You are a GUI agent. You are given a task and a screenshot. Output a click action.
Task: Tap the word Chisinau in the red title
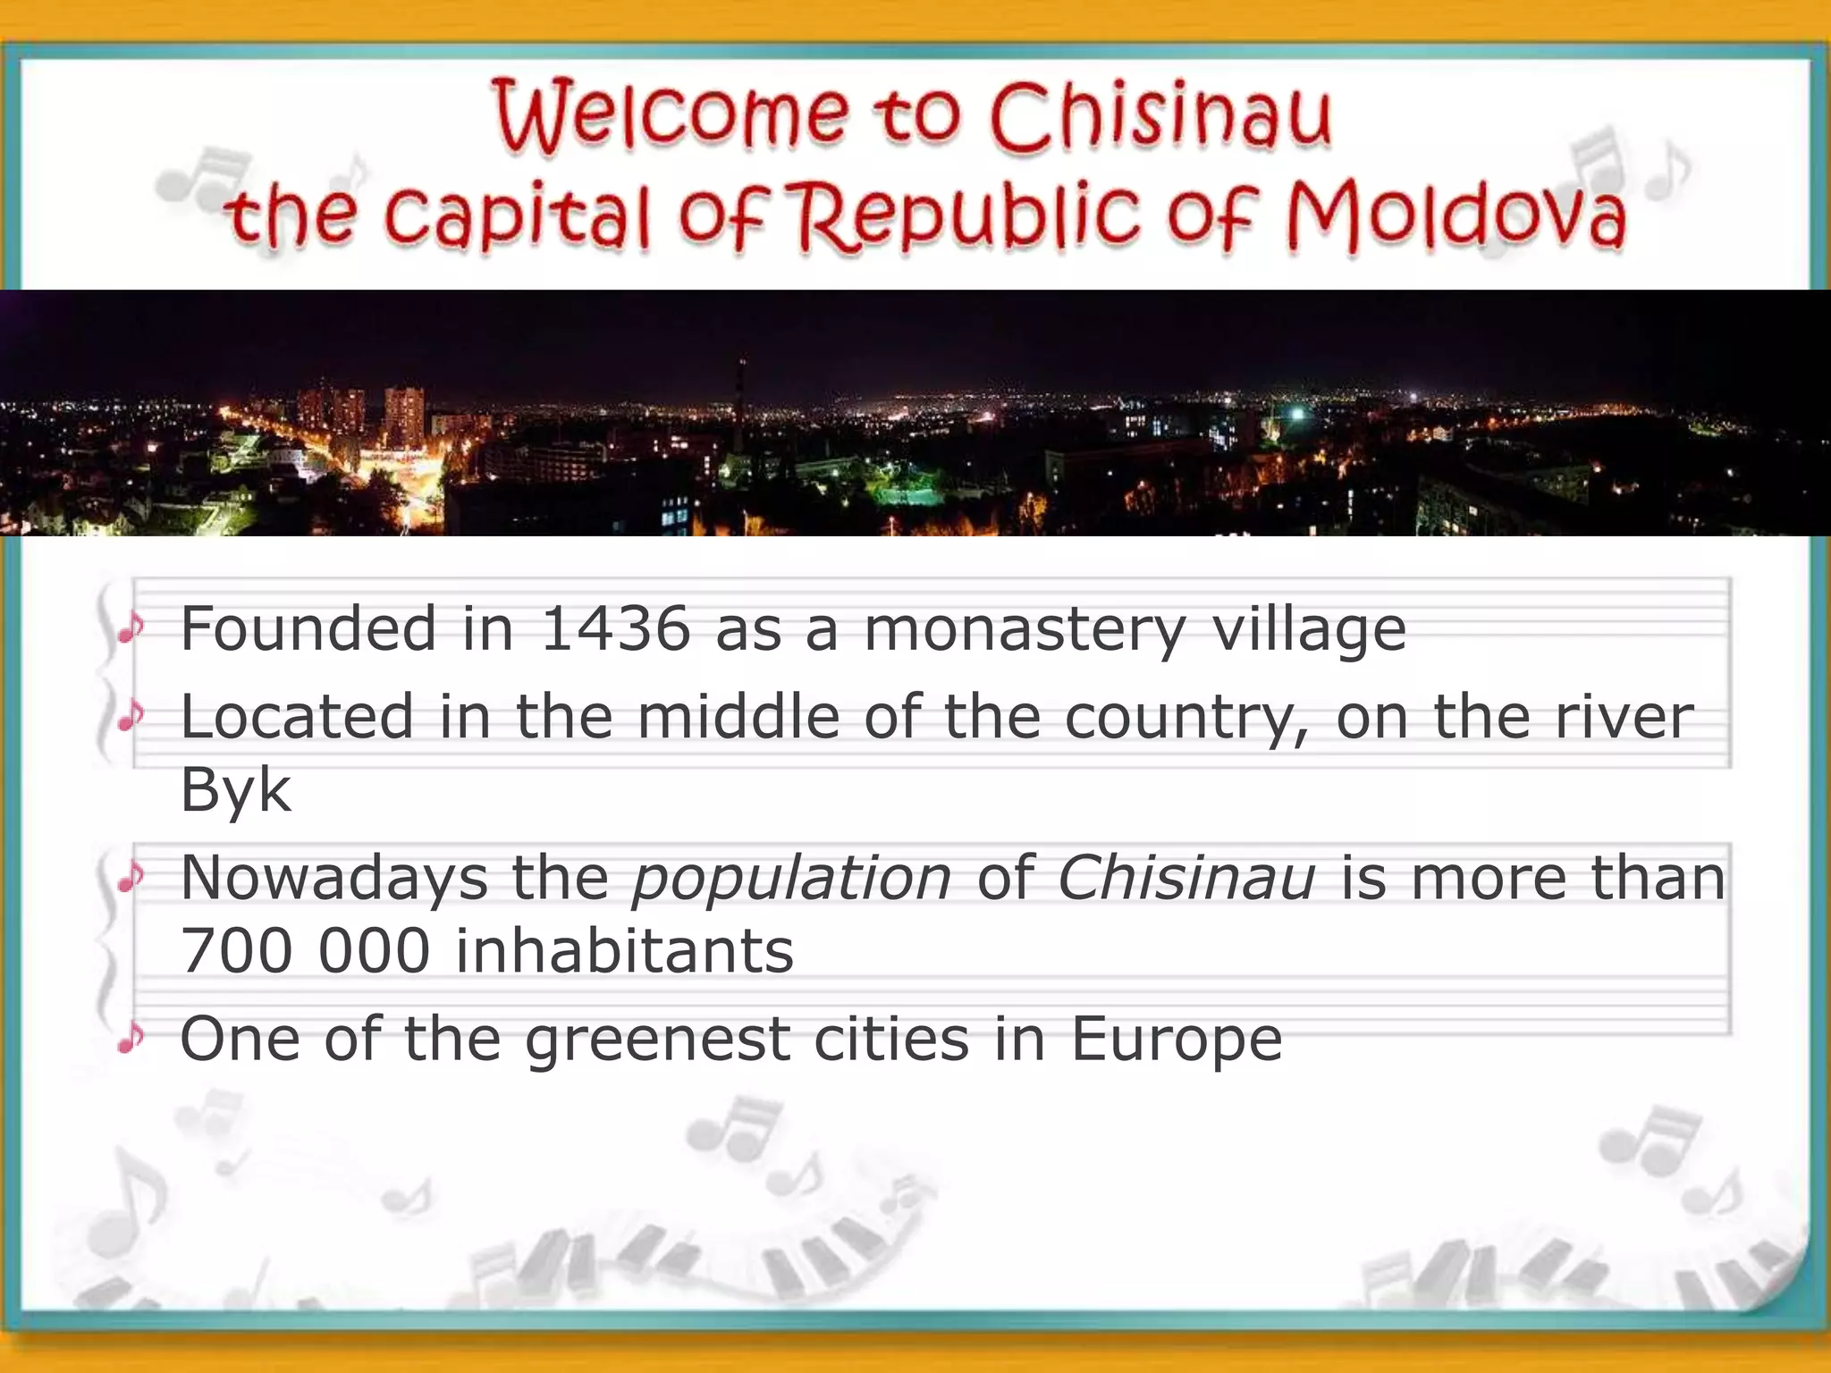pos(1160,116)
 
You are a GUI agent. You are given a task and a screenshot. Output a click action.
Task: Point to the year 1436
pos(616,628)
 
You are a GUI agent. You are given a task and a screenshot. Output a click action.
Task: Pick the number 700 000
pos(305,950)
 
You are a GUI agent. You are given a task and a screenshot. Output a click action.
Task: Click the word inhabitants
pos(624,950)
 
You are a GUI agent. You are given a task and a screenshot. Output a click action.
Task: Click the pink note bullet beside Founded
pos(131,628)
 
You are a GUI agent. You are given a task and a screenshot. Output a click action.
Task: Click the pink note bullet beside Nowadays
pos(131,878)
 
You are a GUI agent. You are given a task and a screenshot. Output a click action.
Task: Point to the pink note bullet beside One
pos(131,1038)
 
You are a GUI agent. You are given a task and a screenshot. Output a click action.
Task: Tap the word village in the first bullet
pos(1309,629)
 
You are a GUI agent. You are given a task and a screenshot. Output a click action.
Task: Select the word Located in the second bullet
pos(297,717)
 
